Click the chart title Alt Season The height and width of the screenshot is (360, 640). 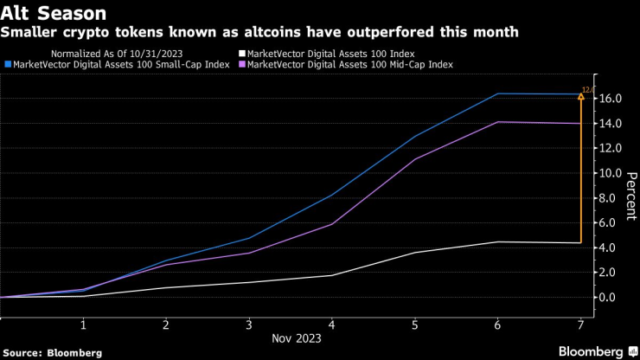pyautogui.click(x=54, y=13)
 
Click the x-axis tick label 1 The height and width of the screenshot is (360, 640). pyautogui.click(x=83, y=325)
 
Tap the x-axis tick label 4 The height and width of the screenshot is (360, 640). pyautogui.click(x=332, y=325)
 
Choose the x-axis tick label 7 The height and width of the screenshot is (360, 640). pyautogui.click(x=580, y=325)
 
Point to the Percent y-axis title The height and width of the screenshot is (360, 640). pyautogui.click(x=630, y=198)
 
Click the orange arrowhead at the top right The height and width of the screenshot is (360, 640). pyautogui.click(x=580, y=96)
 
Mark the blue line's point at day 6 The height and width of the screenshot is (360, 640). pyautogui.click(x=497, y=93)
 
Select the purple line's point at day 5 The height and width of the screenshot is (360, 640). pyautogui.click(x=415, y=159)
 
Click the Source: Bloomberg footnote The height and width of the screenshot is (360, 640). pyautogui.click(x=53, y=352)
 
